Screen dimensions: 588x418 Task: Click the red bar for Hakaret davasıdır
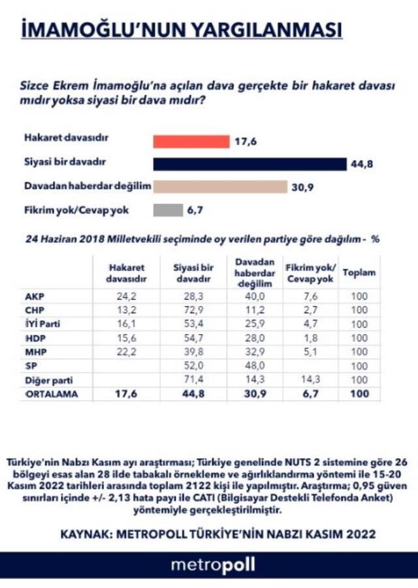(x=191, y=142)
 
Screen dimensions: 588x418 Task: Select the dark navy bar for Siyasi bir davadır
(x=249, y=164)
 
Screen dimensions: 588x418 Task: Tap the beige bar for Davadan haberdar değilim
(x=220, y=187)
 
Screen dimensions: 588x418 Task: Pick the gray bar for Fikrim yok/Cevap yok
(x=168, y=209)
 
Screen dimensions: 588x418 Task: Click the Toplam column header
(x=359, y=272)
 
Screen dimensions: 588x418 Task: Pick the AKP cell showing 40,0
(x=253, y=296)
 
